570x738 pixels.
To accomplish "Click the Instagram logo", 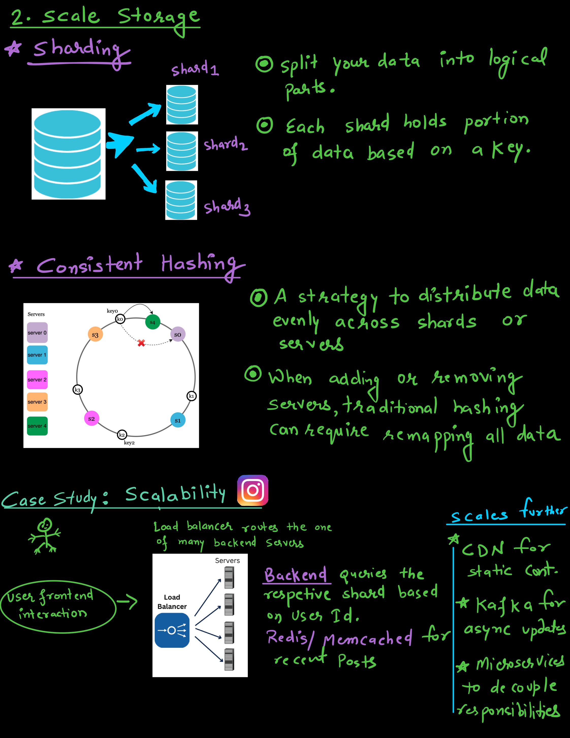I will tap(252, 490).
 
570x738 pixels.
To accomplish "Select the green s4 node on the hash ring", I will tap(153, 322).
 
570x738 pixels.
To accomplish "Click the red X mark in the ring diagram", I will tap(141, 343).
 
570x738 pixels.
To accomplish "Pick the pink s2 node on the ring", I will tap(91, 419).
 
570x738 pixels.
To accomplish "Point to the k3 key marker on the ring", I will tap(78, 390).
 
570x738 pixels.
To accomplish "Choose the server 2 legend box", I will tap(37, 379).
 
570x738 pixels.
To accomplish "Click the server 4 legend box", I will tap(37, 426).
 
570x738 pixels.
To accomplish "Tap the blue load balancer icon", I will tap(172, 630).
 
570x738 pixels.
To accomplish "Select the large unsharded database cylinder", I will tap(68, 154).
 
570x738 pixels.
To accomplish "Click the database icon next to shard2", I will tap(182, 151).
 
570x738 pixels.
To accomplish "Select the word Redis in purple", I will tap(287, 637).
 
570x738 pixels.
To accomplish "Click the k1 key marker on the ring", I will tap(192, 396).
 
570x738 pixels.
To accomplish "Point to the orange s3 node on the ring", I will tap(95, 334).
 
